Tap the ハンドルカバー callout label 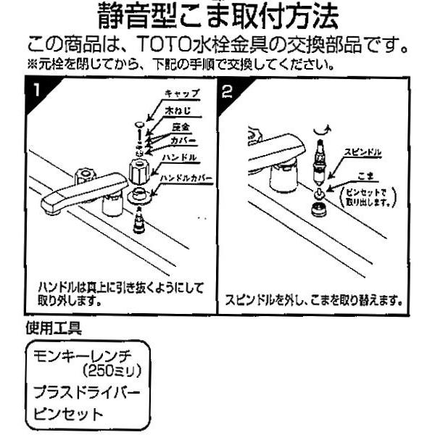point(185,176)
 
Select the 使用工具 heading point(54,327)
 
